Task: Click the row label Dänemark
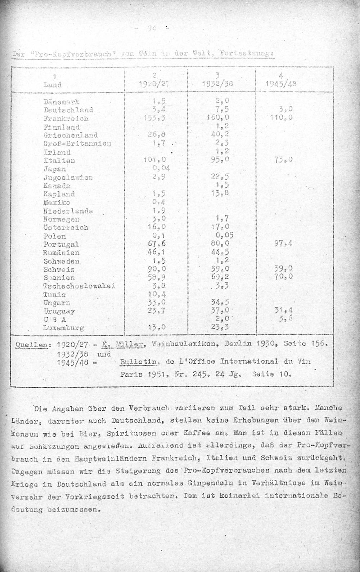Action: tap(61, 102)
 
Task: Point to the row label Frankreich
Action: tap(66, 119)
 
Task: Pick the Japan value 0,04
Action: tap(161, 169)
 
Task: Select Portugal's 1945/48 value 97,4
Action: tap(283, 244)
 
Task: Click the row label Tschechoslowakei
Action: tap(79, 286)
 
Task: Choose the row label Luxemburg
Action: tap(63, 328)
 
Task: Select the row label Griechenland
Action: tap(70, 135)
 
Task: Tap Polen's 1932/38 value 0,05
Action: tap(222, 236)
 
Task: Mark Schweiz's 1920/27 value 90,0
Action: tap(157, 269)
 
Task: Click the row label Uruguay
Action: tap(59, 311)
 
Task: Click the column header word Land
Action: tap(52, 85)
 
